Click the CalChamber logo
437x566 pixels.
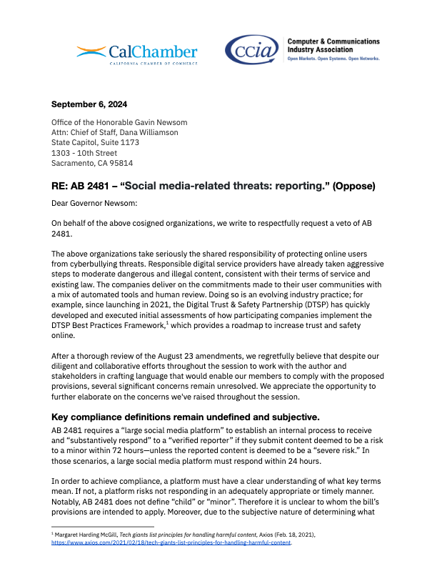click(137, 52)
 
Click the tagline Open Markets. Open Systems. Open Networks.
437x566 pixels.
click(333, 59)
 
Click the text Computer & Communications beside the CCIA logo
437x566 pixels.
click(333, 42)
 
